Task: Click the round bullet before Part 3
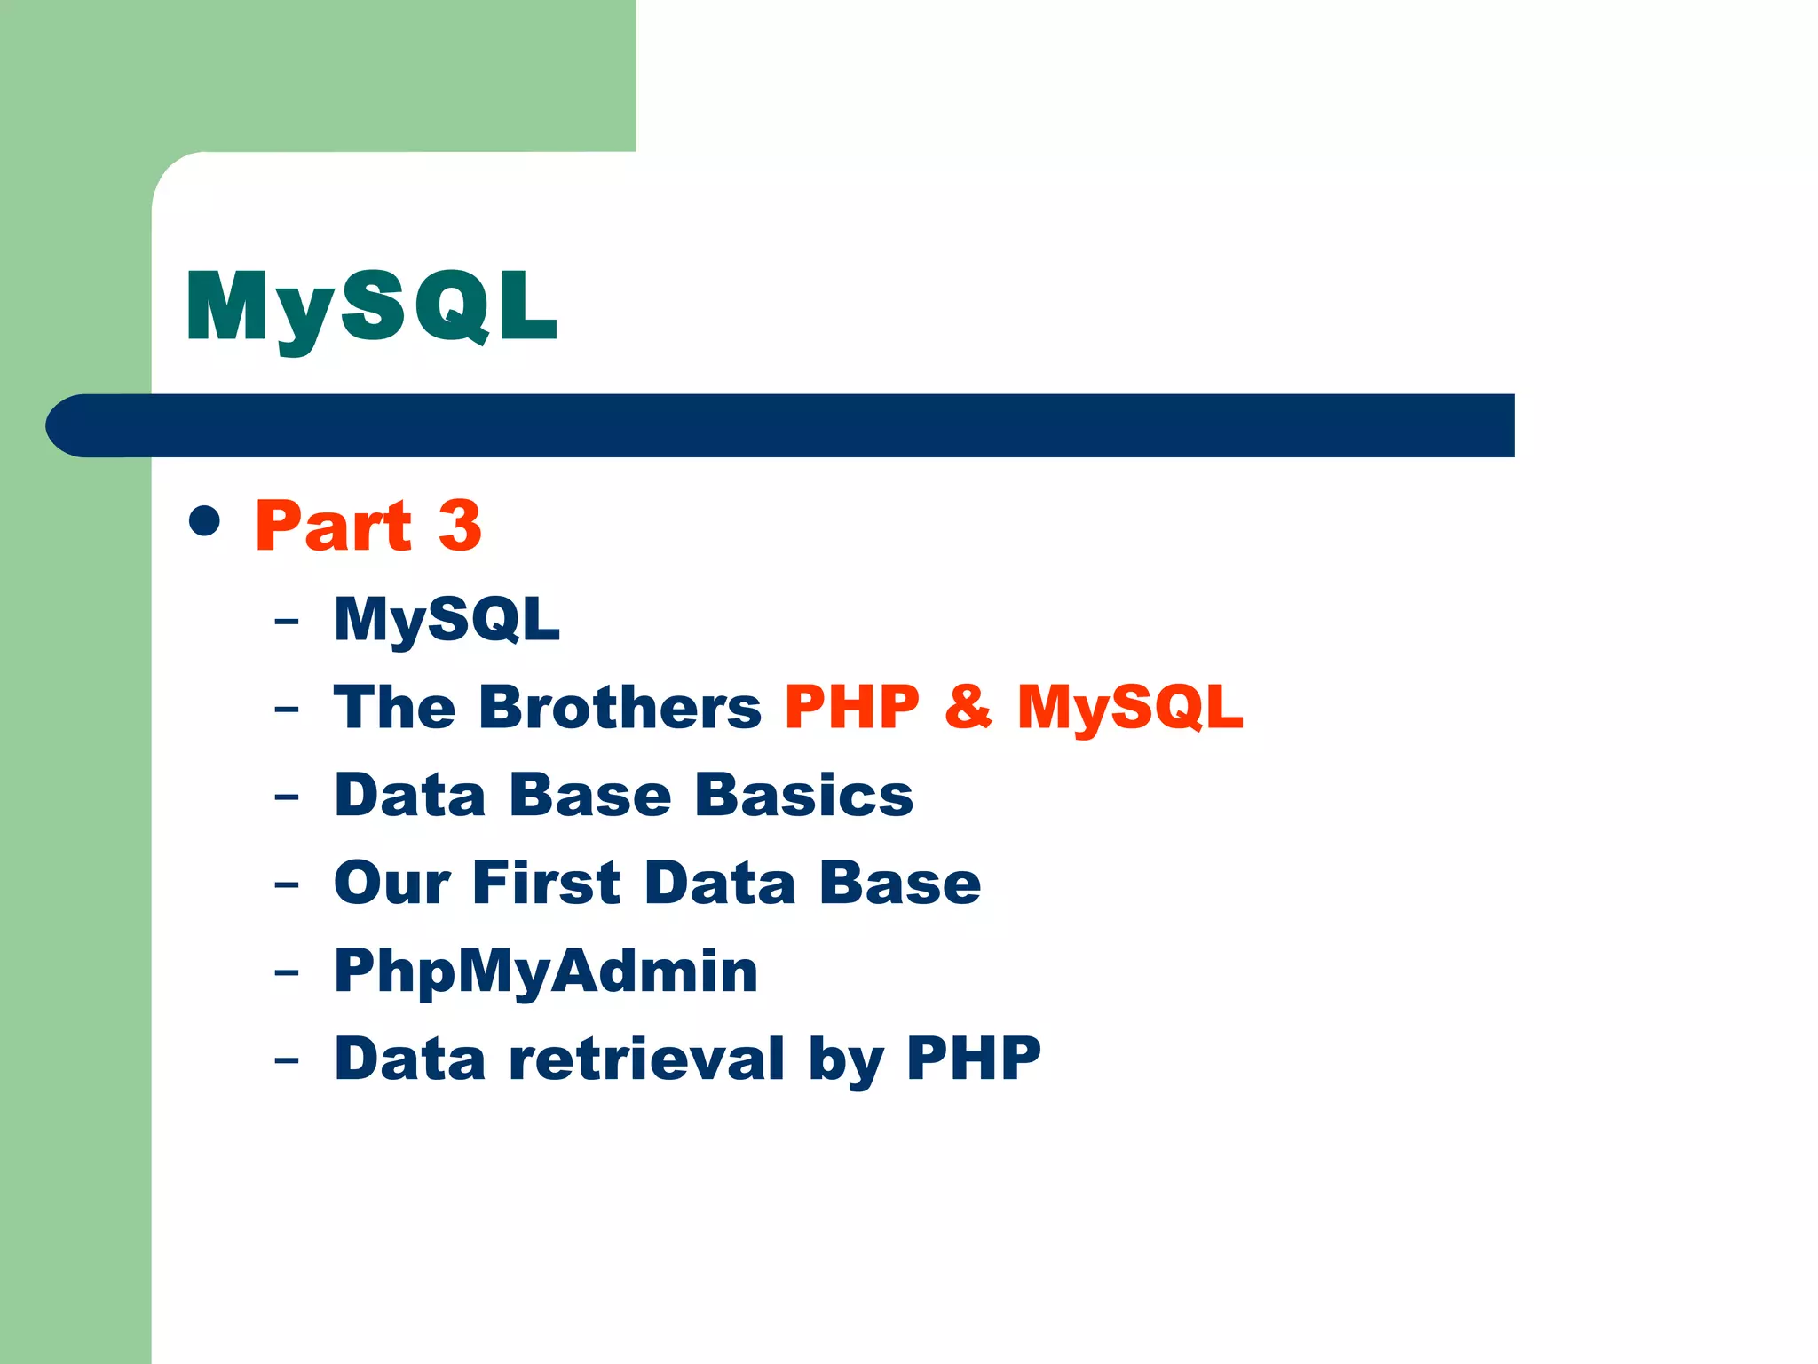(205, 521)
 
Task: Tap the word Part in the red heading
(333, 526)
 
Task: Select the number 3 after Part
(460, 526)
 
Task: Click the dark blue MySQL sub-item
(447, 618)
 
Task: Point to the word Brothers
(620, 707)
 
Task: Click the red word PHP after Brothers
(851, 707)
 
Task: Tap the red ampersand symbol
(968, 707)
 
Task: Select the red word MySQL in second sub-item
(1129, 707)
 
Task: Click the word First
(546, 883)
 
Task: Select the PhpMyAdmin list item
(546, 971)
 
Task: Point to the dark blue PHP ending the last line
(973, 1059)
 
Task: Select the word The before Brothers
(394, 707)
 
